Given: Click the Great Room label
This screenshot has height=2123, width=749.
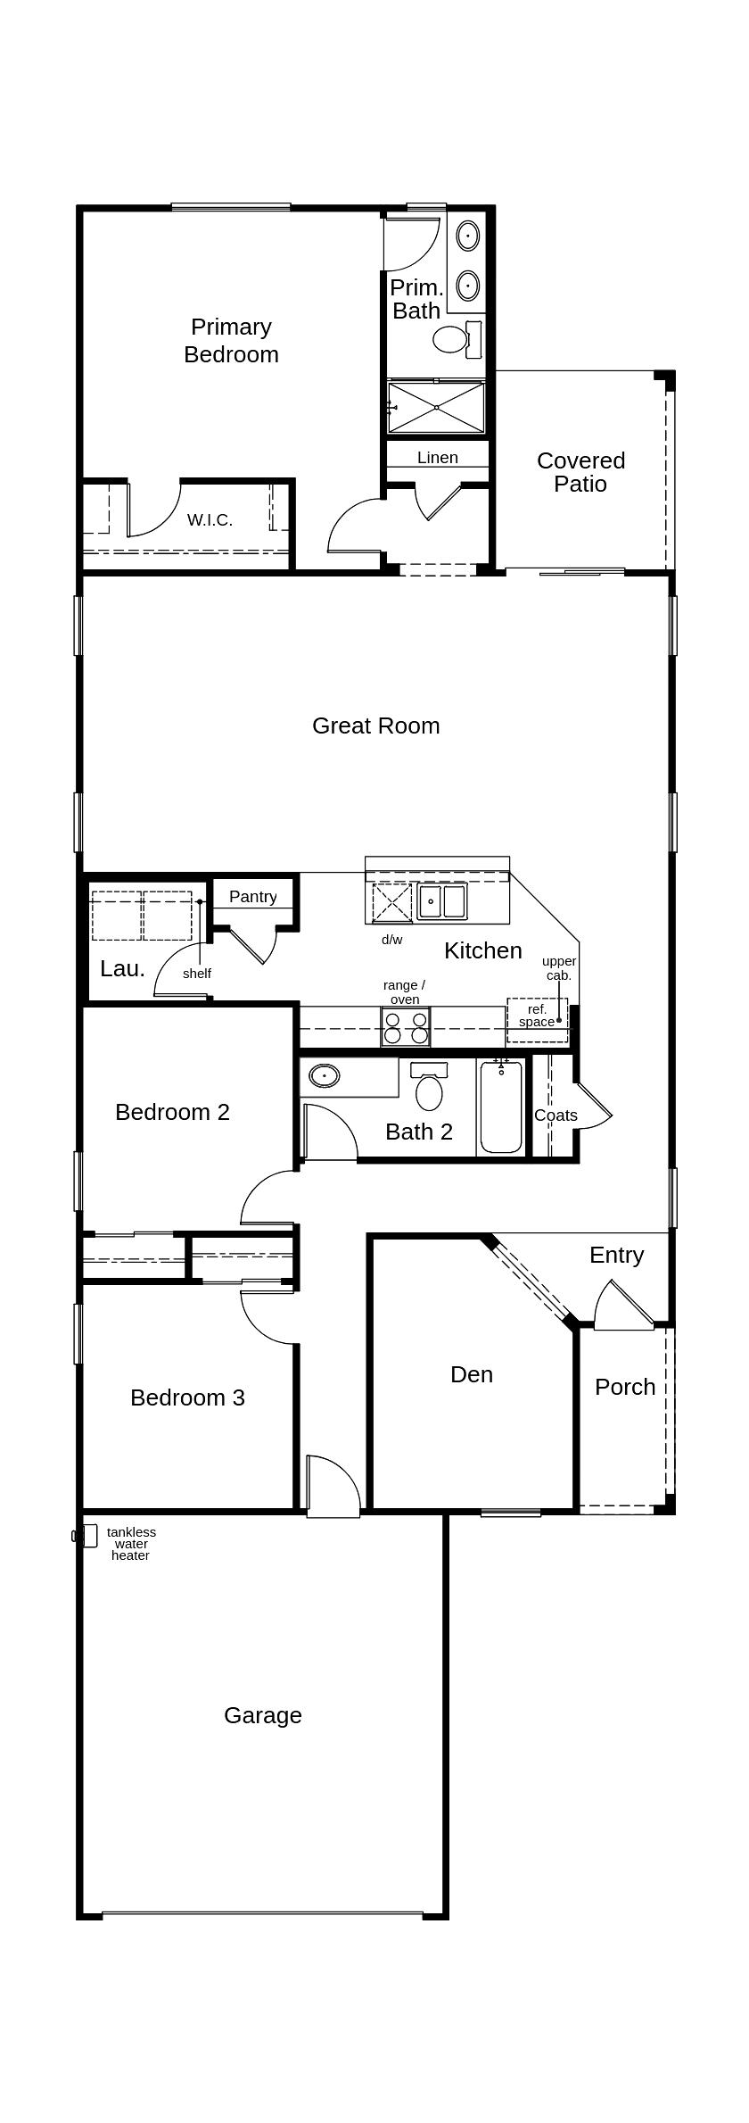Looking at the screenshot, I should pos(375,726).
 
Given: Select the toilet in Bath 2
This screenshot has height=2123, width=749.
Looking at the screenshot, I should pos(429,1091).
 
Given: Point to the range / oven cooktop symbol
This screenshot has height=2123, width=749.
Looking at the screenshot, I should pos(406,1027).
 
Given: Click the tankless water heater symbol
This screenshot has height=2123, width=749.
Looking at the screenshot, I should pos(88,1536).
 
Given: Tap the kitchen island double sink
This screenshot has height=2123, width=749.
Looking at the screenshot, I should pos(442,901).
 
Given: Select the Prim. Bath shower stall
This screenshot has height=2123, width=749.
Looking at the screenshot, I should pos(436,407).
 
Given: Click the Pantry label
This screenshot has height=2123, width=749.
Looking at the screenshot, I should pos(252,896).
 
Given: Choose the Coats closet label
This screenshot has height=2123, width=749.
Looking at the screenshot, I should pos(556,1115).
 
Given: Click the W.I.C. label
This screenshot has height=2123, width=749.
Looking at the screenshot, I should pos(210,520).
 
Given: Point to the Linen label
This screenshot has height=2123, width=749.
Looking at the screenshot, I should pos(437,458).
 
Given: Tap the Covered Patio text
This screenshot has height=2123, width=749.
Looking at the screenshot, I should pos(580,472).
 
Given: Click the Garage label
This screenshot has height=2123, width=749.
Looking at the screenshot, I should pos(262,1715).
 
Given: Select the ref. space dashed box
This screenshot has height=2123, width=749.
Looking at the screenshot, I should pos(537,1020).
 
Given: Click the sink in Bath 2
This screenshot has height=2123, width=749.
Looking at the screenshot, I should pos(325,1076).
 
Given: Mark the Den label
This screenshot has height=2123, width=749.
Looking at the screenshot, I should pos(471,1374).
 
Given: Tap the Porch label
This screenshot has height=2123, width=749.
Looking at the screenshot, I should pos(624,1387).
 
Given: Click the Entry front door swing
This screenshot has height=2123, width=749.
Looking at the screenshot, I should pos(624,1306).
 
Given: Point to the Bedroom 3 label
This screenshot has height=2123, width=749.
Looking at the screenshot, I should pos(187,1397).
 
